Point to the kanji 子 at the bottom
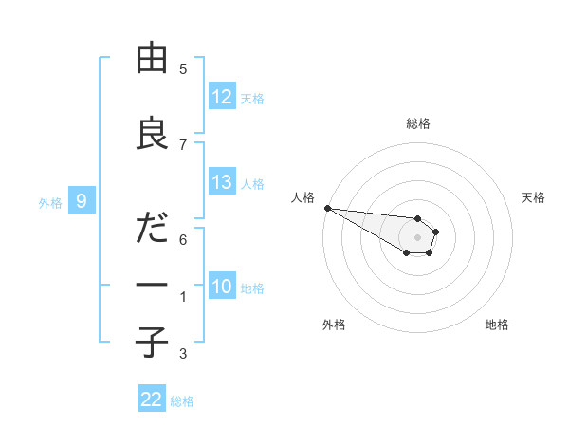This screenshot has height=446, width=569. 152,342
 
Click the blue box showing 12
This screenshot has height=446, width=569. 222,97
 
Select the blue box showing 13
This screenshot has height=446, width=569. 222,182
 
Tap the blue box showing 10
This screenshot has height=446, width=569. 222,287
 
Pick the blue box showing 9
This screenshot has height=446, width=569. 83,200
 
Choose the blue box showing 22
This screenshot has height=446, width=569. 152,400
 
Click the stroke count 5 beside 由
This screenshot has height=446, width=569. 183,69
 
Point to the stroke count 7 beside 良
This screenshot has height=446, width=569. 183,144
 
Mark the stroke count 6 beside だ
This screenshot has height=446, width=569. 183,239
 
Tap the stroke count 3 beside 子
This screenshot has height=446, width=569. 183,354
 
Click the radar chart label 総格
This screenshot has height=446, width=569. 418,123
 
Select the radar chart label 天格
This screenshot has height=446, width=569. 534,197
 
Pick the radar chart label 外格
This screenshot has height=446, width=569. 334,325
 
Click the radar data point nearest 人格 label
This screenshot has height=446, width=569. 327,208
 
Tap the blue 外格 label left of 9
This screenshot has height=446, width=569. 50,202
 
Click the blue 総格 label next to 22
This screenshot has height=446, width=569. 182,401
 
